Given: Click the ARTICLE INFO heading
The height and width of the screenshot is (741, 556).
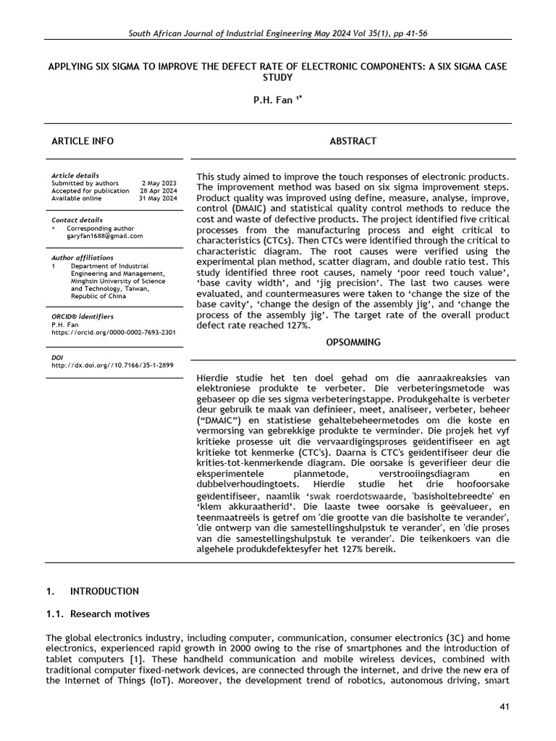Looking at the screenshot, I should coord(82,141).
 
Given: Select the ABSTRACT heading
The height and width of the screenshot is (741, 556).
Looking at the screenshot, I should coord(353,141).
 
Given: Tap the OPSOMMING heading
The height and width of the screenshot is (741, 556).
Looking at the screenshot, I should coord(353,342).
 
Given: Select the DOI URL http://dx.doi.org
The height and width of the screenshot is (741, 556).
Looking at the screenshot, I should coord(112,365).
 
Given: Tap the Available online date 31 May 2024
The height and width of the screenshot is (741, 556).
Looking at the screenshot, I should coord(158,198).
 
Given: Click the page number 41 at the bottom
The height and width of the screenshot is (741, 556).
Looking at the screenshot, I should coord(505,705).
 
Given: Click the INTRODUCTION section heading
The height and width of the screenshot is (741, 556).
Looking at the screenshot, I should coord(104,591).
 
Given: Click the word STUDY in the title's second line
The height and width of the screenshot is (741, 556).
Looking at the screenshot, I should coord(278,78).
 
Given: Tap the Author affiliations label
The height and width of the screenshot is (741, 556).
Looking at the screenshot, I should coord(83,258).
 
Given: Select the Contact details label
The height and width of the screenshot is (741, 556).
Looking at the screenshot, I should coord(77,220).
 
